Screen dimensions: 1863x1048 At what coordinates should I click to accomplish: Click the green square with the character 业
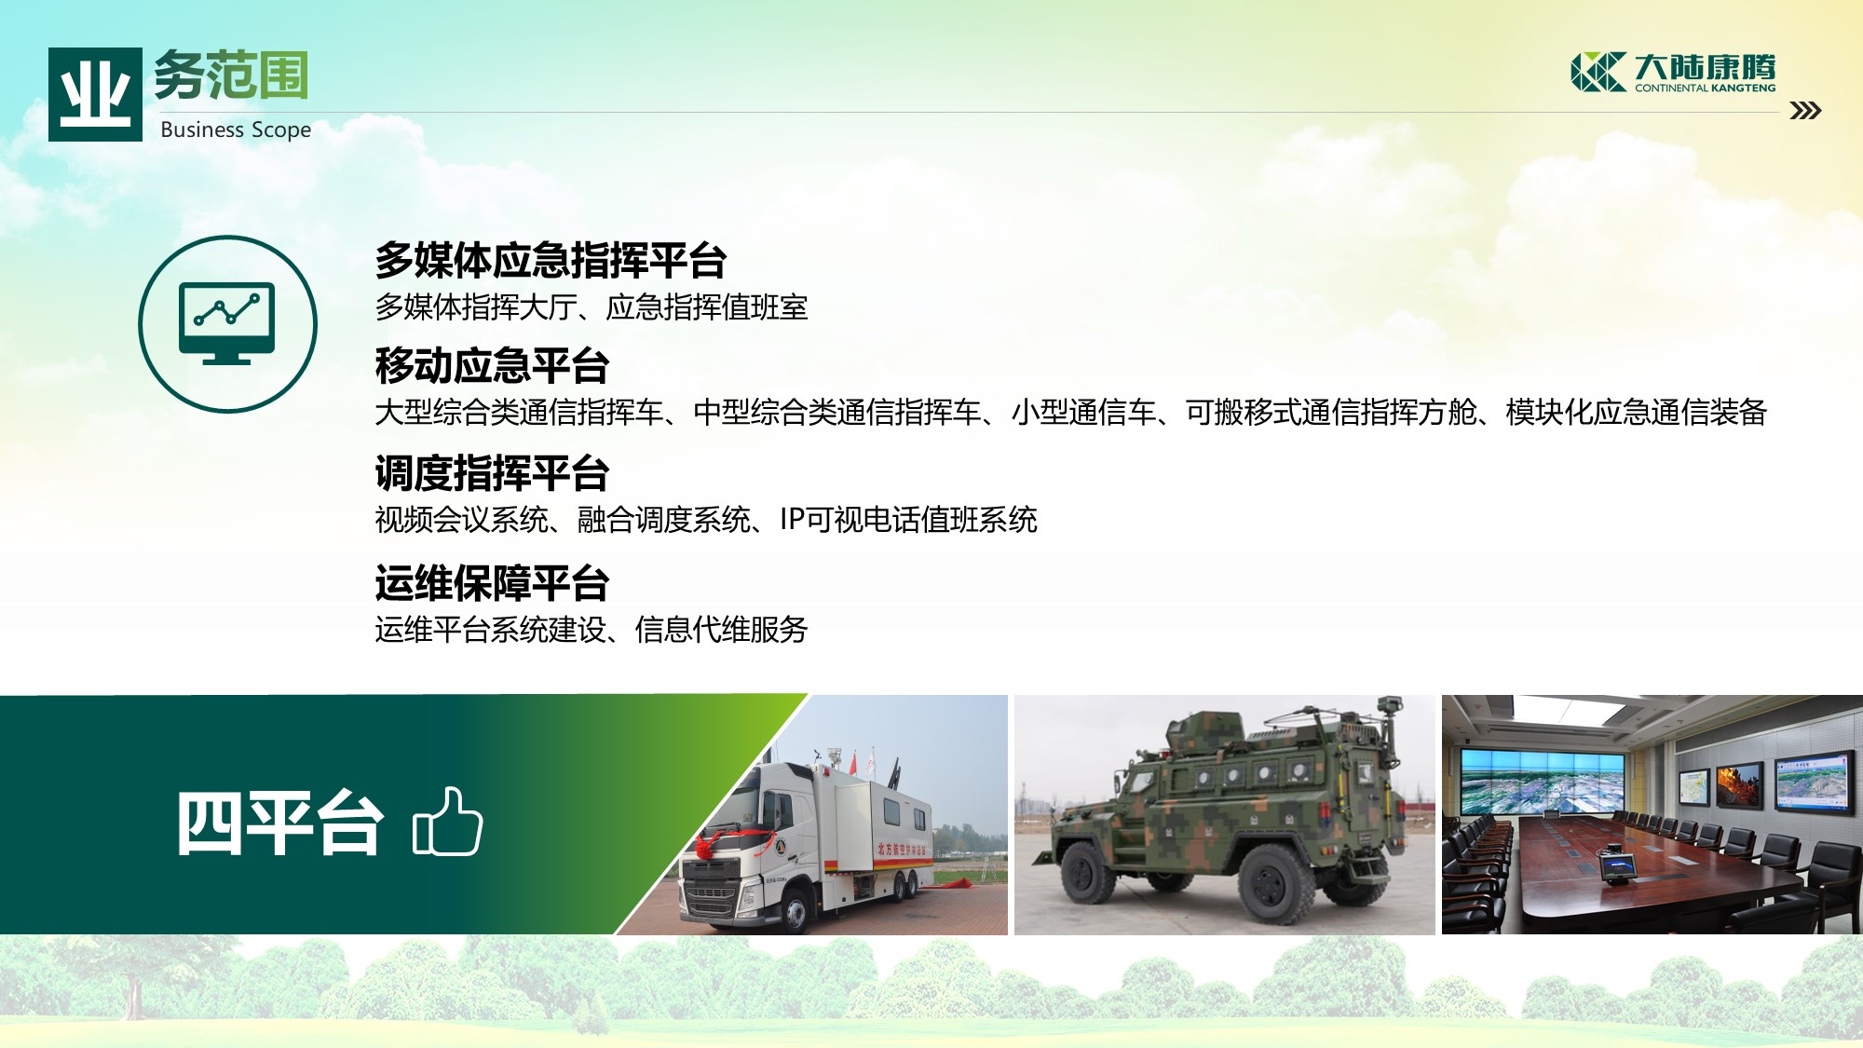tap(95, 94)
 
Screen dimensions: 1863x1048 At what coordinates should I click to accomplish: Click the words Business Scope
tap(236, 129)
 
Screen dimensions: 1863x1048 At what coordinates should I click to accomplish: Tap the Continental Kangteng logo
tap(1673, 72)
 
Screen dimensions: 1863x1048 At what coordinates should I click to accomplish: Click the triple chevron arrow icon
tap(1805, 111)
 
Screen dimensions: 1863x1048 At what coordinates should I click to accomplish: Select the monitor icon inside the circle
tap(227, 323)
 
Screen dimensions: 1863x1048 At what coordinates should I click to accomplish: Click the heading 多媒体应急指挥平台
tap(551, 260)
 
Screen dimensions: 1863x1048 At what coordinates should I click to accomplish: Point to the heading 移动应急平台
tap(492, 365)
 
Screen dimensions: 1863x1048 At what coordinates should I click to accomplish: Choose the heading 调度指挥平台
tap(492, 473)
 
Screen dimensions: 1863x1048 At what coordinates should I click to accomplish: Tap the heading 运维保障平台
tap(492, 583)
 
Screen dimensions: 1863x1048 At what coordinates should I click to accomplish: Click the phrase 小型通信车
tap(1083, 412)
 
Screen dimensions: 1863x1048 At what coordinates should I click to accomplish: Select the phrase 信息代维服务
tap(721, 630)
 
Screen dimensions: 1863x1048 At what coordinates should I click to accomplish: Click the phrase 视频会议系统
tap(461, 520)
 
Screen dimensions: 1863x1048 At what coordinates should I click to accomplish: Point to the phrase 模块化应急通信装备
tap(1636, 412)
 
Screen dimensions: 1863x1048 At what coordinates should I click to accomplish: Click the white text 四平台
tap(279, 823)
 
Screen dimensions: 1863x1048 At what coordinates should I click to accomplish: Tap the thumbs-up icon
tap(447, 821)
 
